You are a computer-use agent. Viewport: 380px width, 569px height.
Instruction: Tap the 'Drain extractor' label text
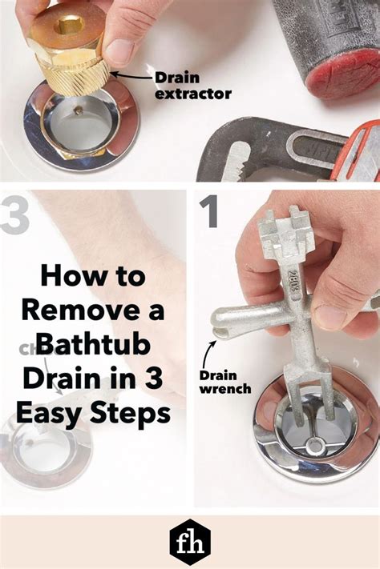(194, 85)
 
